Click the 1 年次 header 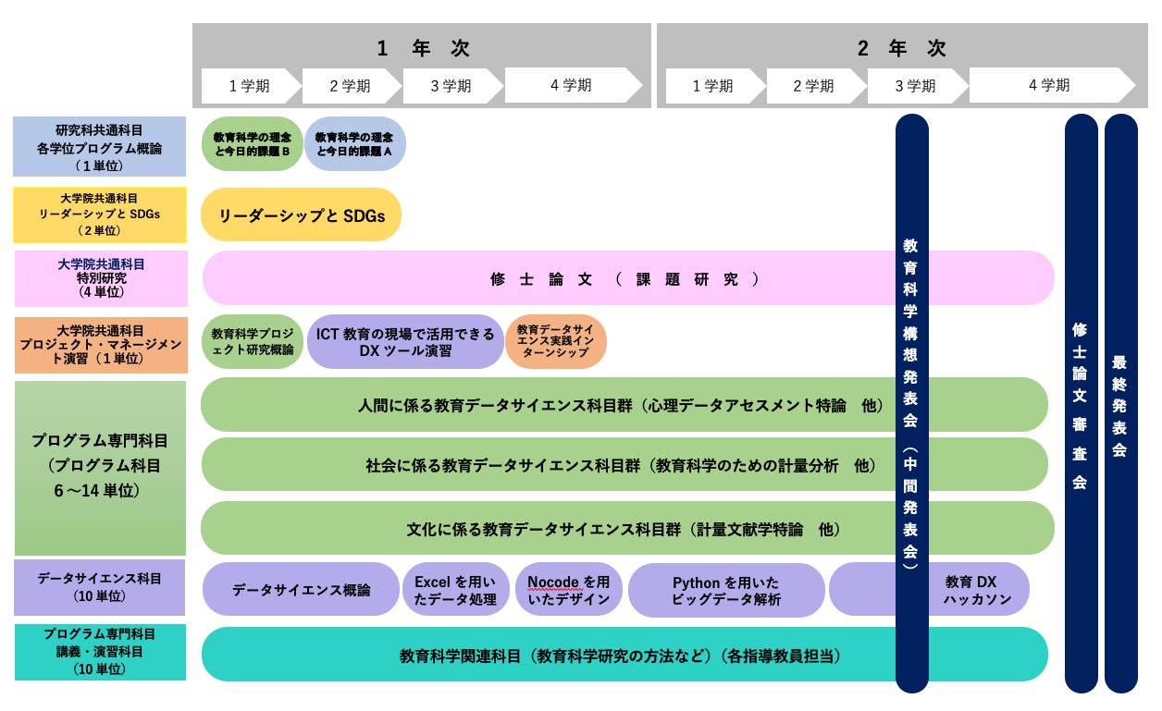(x=422, y=47)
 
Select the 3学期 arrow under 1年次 (x=451, y=86)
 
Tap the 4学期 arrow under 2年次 (x=1049, y=85)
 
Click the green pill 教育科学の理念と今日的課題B (x=252, y=143)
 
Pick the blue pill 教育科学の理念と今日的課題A (x=355, y=143)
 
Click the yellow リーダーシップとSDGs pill (x=301, y=215)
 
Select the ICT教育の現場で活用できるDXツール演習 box (x=405, y=341)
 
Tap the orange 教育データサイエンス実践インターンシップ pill (x=556, y=341)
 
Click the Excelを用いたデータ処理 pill (x=455, y=590)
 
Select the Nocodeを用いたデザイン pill (x=568, y=590)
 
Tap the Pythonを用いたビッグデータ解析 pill (x=725, y=590)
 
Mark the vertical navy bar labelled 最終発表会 (x=1120, y=402)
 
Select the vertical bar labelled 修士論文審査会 (x=1081, y=402)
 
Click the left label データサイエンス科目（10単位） (x=100, y=587)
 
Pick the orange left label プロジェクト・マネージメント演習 (x=100, y=344)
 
